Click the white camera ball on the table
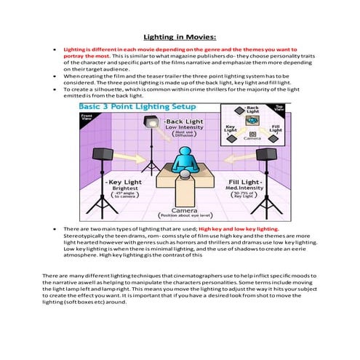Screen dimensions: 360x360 [180, 175]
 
